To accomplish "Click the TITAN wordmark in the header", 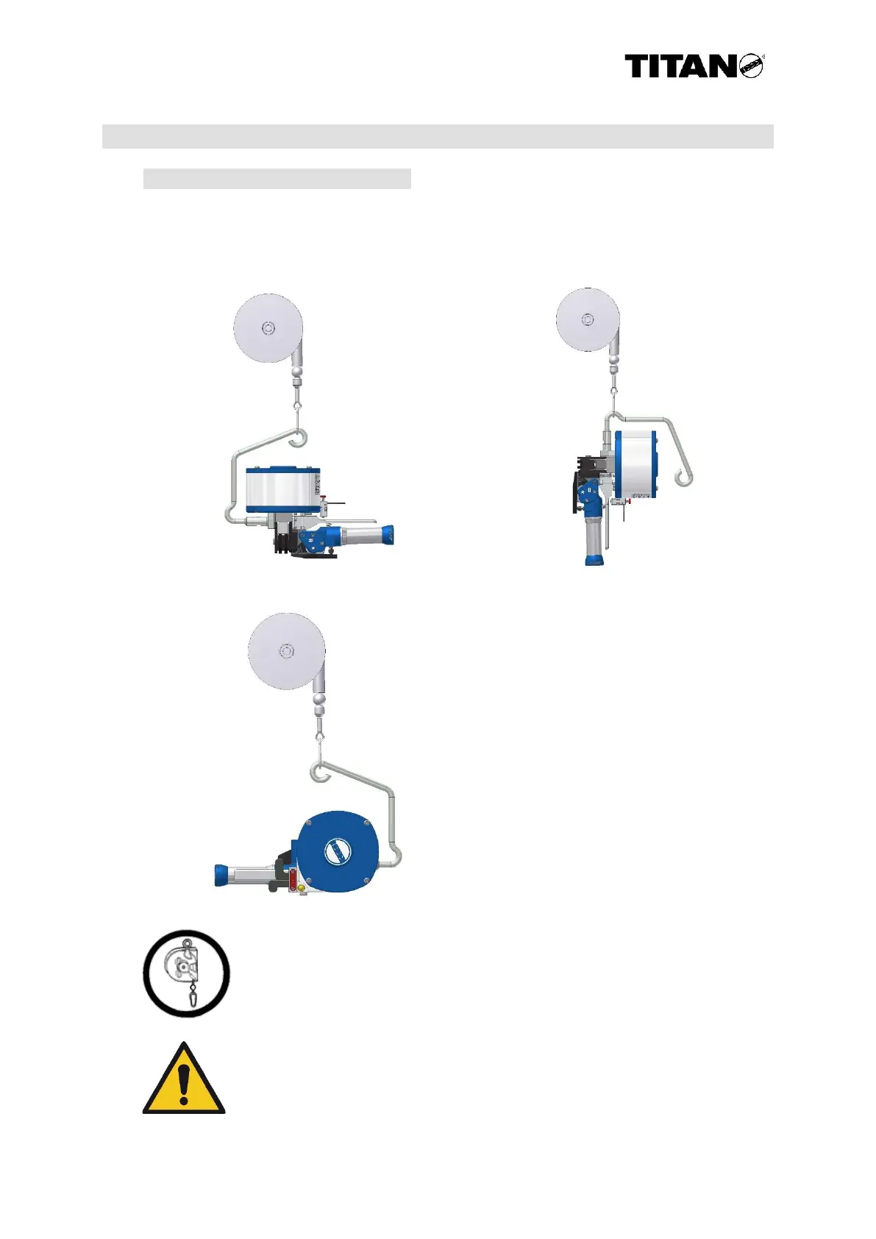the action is tap(680, 67).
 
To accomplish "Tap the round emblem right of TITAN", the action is tap(751, 66).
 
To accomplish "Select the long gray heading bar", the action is tap(438, 136).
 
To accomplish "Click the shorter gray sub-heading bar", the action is tap(277, 179).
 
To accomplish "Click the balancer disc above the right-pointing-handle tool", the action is tap(268, 328).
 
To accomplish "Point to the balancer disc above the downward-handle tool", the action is tap(587, 319).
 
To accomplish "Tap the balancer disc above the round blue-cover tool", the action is tap(285, 651).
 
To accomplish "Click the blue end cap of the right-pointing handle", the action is tap(385, 534).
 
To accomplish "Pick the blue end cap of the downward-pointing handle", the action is tap(594, 559).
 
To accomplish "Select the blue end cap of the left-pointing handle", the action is tap(221, 876).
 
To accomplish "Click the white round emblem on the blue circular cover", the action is tap(337, 852).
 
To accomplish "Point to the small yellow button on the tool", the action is tap(301, 888).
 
